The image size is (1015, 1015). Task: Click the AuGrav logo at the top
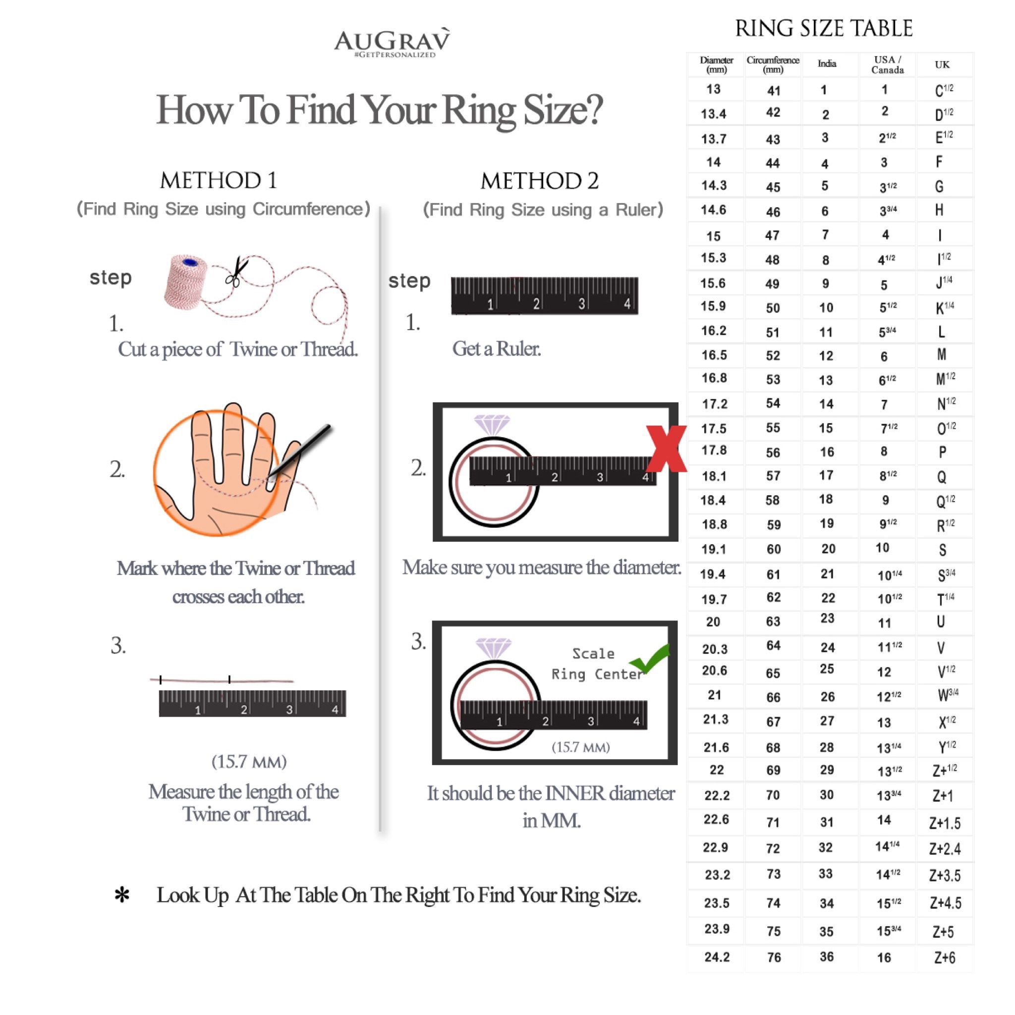(x=393, y=42)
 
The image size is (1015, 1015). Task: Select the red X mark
(x=666, y=449)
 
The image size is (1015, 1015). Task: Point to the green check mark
(x=650, y=657)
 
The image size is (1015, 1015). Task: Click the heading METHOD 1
(x=219, y=181)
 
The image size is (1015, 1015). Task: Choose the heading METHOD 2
(x=540, y=181)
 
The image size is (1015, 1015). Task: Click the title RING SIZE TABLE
(x=824, y=28)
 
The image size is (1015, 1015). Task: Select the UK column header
(x=942, y=64)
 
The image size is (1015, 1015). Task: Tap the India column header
(x=827, y=63)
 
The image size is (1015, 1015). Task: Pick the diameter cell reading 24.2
(x=717, y=957)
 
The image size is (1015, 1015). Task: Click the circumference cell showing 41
(x=773, y=91)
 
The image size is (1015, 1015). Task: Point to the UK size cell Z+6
(x=945, y=958)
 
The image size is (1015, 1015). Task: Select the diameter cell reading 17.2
(x=715, y=404)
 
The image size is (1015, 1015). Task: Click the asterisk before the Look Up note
(x=122, y=895)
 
